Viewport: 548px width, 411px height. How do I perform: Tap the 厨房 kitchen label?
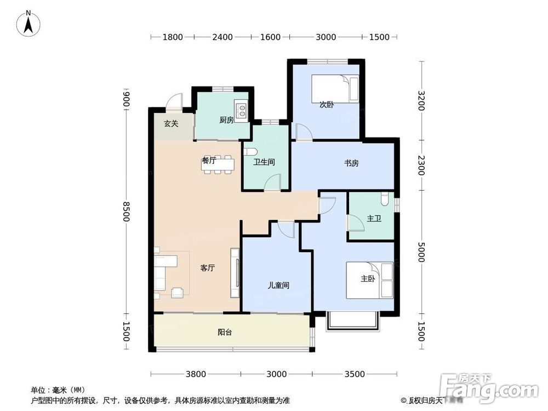point(226,120)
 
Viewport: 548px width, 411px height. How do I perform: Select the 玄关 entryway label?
point(171,124)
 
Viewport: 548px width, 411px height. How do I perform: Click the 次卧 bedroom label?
point(327,105)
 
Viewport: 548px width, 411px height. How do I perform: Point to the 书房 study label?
point(351,163)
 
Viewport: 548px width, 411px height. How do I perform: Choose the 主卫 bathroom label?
point(374,219)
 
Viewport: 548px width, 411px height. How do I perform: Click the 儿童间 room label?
point(278,286)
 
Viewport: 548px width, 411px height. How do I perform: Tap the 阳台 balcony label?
point(224,332)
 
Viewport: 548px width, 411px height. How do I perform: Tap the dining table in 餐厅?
point(218,164)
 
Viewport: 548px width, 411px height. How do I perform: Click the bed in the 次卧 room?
point(335,88)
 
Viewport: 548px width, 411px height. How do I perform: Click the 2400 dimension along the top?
point(222,37)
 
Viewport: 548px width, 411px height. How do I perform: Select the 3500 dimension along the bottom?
point(355,374)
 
